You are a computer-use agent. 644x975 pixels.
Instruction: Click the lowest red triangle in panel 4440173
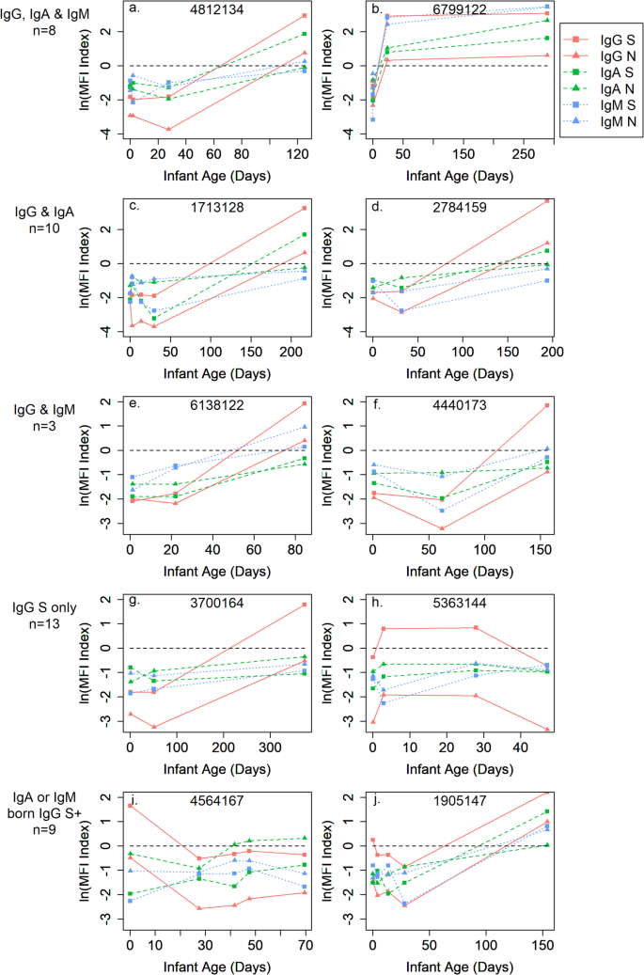[442, 528]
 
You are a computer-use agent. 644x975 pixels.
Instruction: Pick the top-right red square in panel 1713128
[305, 208]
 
